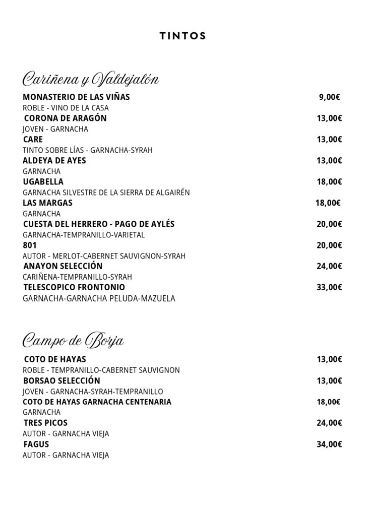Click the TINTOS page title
(182, 36)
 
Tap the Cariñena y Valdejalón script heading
(91, 80)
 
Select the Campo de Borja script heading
(74, 341)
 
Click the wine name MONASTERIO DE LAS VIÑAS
(76, 97)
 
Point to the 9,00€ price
(329, 97)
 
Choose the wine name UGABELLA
(43, 182)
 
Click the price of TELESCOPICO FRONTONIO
(329, 288)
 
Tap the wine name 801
(30, 245)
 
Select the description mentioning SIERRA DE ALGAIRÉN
(106, 192)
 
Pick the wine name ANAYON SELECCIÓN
(63, 266)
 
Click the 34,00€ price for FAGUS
(329, 444)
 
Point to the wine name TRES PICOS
(45, 423)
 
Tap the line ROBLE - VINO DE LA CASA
(66, 108)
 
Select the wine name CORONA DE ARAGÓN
(65, 118)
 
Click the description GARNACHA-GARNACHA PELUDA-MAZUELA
(99, 298)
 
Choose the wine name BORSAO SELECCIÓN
(62, 380)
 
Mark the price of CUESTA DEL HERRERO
(329, 224)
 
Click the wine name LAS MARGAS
(48, 203)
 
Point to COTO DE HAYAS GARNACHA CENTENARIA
(97, 402)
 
